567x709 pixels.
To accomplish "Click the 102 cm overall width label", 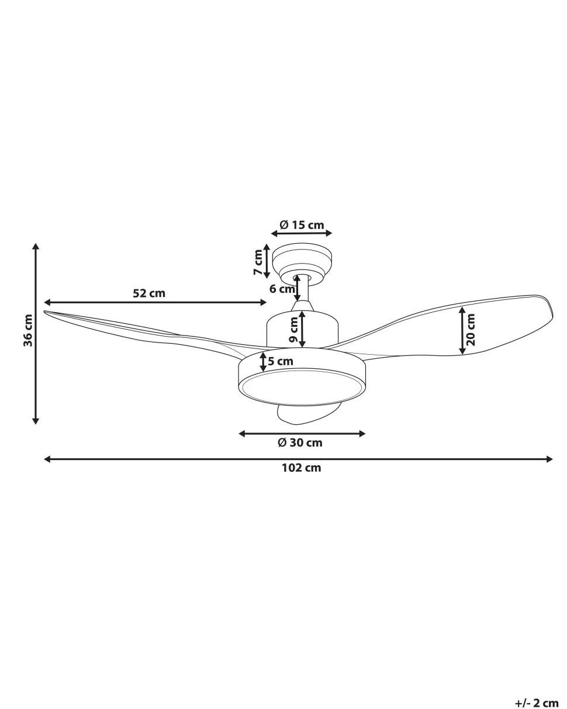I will [x=301, y=468].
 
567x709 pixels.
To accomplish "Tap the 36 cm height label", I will [x=28, y=330].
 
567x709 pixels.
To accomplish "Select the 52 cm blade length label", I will [x=148, y=293].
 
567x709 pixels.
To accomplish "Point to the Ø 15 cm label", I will [x=302, y=224].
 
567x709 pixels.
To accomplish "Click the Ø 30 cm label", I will [x=300, y=442].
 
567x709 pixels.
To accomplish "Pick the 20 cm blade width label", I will [x=471, y=330].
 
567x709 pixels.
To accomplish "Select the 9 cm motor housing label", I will [x=294, y=330].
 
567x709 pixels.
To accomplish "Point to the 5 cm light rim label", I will [x=281, y=361].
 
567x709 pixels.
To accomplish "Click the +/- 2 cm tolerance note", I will [x=537, y=703].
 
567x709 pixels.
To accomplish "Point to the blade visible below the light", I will [x=304, y=414].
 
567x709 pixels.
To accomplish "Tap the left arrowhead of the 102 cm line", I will [x=47, y=459].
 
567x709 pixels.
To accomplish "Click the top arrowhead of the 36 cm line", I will [x=36, y=246].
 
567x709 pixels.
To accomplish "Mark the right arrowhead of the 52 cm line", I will [x=264, y=302].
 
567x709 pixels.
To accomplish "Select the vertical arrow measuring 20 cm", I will [x=462, y=331].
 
